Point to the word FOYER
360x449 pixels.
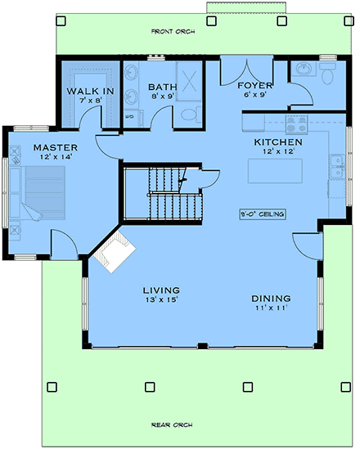(249, 86)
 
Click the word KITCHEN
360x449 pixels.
(277, 141)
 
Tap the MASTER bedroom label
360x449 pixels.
(50, 146)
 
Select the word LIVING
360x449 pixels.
(161, 290)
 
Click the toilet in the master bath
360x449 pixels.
(187, 114)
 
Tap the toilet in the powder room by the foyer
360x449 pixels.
(327, 76)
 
